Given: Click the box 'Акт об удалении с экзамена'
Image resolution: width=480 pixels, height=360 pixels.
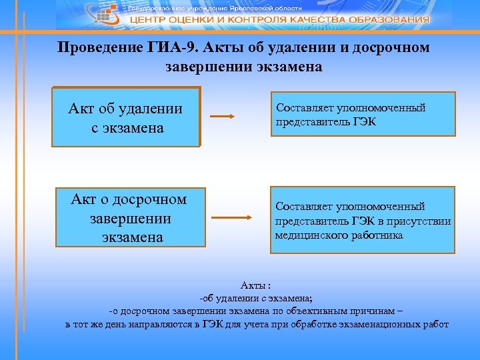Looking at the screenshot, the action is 126,117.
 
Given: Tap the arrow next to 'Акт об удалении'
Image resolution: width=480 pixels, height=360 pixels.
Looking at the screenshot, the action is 222,116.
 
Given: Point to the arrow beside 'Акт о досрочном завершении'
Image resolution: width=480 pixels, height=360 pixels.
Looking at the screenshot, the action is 230,218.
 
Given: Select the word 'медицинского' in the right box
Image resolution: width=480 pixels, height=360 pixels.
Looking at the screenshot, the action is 309,235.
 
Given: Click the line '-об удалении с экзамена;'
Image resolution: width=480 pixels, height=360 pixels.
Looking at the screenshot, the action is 256,298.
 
